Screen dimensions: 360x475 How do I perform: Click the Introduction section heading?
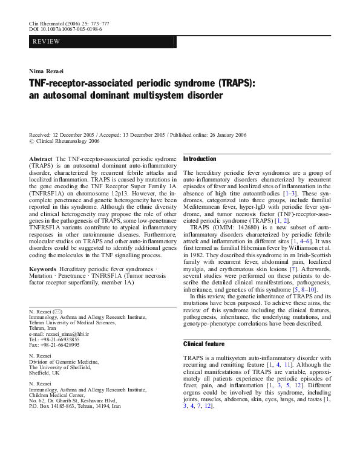click(200, 159)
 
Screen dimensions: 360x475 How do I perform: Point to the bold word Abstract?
click(41, 159)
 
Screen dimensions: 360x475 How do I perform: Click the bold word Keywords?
click(43, 267)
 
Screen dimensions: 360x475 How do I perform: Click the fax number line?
click(54, 346)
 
